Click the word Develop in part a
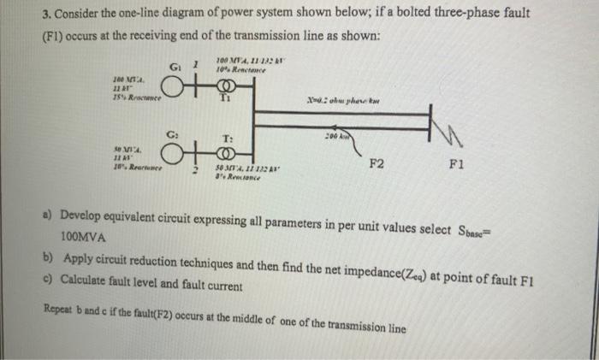click(83, 213)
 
